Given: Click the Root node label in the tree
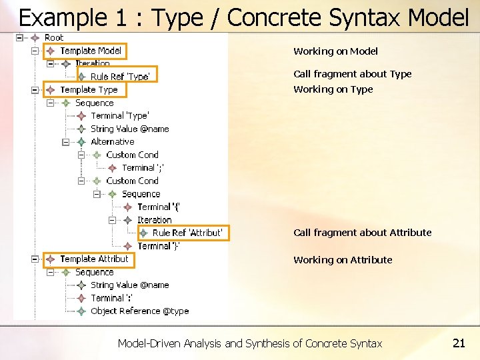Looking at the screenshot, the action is coord(53,38).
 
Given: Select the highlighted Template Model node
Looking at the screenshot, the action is coord(90,51).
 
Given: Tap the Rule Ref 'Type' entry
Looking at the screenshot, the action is coord(119,77).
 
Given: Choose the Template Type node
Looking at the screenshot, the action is coord(88,90).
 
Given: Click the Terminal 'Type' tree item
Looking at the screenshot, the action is coord(120,116).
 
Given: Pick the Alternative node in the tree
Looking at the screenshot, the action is coord(112,142).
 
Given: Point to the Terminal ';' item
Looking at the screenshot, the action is coord(143,168).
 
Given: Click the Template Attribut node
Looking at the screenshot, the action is coord(93,259).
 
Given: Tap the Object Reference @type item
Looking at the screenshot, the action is coord(139,311).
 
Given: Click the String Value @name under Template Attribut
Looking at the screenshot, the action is coord(129,285).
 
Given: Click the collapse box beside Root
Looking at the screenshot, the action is coord(19,38).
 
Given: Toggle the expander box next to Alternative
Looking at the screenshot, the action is coord(65,142).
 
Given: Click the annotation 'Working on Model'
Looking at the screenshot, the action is coord(335,51).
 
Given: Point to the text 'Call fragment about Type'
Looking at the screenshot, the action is coord(352,74).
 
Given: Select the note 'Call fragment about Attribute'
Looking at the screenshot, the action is coord(362,233).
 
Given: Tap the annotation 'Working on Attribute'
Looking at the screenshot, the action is coord(343,260).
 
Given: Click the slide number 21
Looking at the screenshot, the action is coord(458,343).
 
